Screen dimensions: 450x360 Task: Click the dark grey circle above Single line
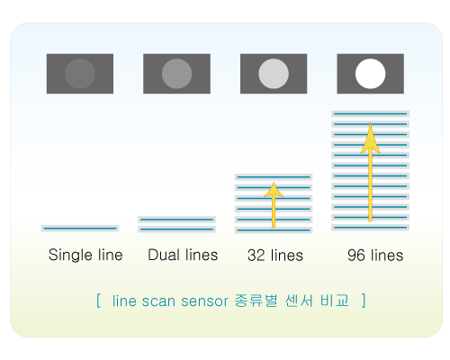click(80, 74)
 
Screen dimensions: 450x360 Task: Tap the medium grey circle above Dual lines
click(176, 74)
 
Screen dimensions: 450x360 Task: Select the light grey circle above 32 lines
click(274, 74)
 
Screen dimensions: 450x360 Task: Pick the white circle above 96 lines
click(370, 74)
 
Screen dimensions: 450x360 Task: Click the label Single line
click(85, 255)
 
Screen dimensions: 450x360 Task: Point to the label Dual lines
click(183, 255)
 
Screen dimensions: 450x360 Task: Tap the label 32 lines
click(275, 256)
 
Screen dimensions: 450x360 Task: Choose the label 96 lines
click(375, 256)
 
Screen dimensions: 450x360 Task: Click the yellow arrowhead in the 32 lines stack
click(274, 190)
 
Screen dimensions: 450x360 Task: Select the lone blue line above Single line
click(80, 229)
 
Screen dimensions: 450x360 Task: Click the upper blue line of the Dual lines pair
click(176, 220)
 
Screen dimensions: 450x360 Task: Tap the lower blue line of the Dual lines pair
click(176, 229)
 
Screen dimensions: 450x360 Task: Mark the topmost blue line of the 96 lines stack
click(370, 114)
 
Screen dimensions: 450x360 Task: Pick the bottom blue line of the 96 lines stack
click(370, 228)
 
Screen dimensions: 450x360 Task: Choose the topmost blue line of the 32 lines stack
click(274, 177)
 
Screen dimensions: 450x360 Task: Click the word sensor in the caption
click(204, 301)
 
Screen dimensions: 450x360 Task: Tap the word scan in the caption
click(157, 301)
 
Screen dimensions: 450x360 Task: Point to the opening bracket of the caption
click(98, 301)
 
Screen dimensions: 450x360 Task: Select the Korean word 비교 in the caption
click(335, 301)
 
